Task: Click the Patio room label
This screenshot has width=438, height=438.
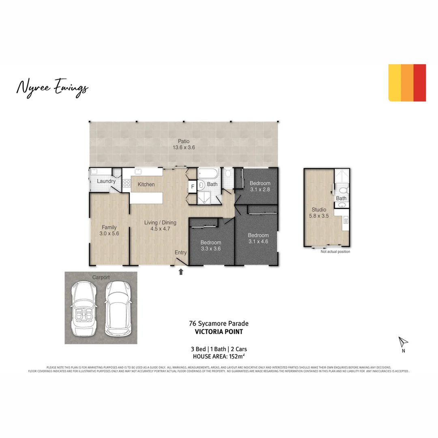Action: click(183, 142)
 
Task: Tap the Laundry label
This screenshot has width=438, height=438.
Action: click(106, 181)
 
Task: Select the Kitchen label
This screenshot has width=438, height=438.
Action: click(146, 185)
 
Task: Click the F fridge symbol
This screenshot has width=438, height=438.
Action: click(193, 187)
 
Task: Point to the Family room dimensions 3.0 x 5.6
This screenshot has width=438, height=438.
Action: click(109, 234)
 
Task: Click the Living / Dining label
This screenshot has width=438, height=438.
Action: click(160, 222)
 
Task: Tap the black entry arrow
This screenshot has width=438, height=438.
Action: click(181, 272)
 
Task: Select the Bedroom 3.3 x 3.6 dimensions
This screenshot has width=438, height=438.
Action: click(210, 249)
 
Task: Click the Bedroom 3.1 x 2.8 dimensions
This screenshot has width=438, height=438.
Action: click(260, 189)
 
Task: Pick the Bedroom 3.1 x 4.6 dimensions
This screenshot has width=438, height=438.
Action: click(258, 242)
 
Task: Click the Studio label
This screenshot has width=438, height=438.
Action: click(319, 210)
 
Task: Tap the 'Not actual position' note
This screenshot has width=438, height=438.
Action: click(335, 252)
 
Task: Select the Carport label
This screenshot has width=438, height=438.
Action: click(101, 277)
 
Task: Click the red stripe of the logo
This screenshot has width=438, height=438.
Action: click(420, 83)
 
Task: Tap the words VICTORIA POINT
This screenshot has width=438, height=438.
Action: click(219, 332)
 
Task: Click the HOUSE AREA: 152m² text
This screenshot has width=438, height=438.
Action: click(219, 356)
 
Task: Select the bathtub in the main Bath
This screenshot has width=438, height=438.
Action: click(208, 175)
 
